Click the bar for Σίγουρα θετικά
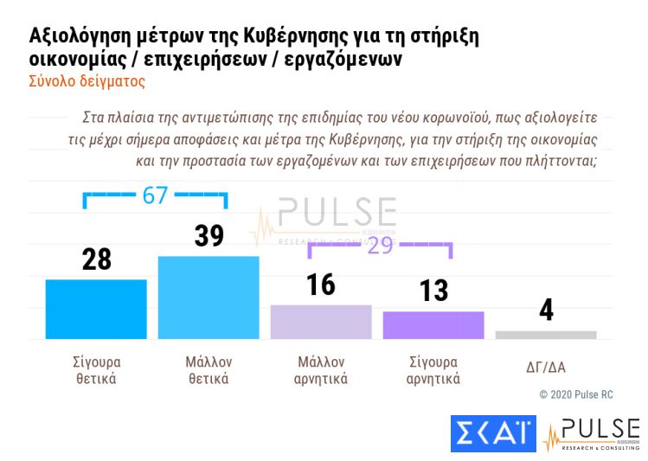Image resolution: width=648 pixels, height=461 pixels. (x=95, y=309)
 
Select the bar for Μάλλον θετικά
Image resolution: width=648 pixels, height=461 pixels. (x=208, y=298)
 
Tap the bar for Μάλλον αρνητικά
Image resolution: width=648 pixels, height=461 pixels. (x=321, y=322)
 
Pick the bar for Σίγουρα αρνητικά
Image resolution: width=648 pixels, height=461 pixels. (x=433, y=325)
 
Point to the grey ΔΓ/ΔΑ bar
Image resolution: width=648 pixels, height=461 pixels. (x=546, y=335)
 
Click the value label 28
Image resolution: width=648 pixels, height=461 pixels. (x=96, y=259)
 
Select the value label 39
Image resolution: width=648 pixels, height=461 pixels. (x=209, y=235)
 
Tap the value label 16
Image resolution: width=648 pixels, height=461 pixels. (x=321, y=284)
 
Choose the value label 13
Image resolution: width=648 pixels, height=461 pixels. (x=433, y=291)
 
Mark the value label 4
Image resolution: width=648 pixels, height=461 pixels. (x=546, y=311)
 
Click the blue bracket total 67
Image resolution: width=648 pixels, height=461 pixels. (x=155, y=195)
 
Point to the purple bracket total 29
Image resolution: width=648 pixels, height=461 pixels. (x=380, y=245)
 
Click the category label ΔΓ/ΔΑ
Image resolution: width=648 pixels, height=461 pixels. (x=546, y=366)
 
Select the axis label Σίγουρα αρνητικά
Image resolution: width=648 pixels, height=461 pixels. (x=433, y=370)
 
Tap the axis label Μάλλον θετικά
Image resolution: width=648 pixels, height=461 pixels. (x=209, y=370)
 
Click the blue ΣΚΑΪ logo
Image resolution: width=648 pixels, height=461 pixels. (x=493, y=433)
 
